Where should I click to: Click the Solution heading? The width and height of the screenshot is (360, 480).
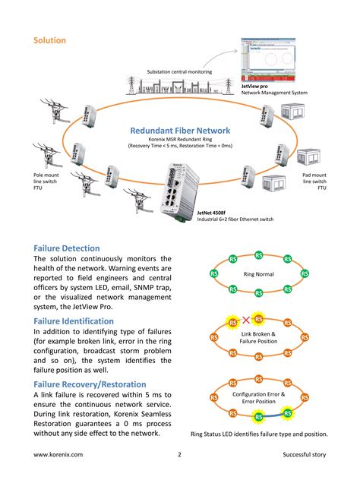click(x=49, y=40)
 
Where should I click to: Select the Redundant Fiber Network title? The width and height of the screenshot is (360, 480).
click(x=180, y=130)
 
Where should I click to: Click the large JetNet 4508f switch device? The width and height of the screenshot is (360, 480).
click(x=176, y=190)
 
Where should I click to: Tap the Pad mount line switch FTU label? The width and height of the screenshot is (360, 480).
click(x=314, y=182)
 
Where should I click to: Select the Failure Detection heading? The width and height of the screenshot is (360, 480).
click(x=77, y=248)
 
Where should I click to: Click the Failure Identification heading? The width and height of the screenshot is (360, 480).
click(x=84, y=321)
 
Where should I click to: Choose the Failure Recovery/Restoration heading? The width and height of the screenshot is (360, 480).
click(x=101, y=384)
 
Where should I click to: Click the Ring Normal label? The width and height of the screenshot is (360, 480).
click(x=258, y=274)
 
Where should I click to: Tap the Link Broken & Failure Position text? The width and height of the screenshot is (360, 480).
click(x=258, y=338)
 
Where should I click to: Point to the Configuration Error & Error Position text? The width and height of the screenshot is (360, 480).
click(x=258, y=399)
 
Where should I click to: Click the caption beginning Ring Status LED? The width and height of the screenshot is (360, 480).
click(x=258, y=434)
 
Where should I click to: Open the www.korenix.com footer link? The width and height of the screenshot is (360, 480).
click(x=58, y=455)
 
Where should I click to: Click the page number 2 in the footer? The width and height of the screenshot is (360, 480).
click(x=179, y=455)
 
